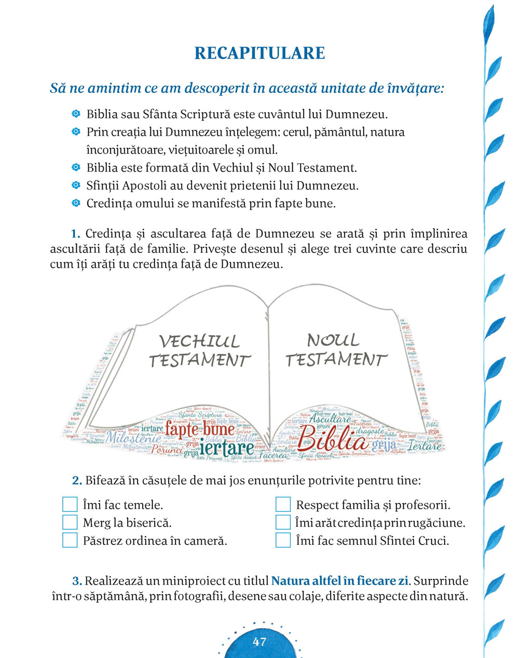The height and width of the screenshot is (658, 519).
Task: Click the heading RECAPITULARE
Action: pyautogui.click(x=259, y=53)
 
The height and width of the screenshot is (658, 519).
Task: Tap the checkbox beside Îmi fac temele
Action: pyautogui.click(x=70, y=504)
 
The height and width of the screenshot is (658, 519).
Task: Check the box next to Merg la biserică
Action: pyautogui.click(x=70, y=522)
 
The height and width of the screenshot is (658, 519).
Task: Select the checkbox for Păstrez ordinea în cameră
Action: pyautogui.click(x=70, y=540)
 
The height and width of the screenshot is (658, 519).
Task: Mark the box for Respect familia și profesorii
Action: pyautogui.click(x=283, y=504)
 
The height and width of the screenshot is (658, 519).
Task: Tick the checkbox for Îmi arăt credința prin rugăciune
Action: pyautogui.click(x=283, y=522)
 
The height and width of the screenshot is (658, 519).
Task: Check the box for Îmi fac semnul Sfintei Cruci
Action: pyautogui.click(x=283, y=540)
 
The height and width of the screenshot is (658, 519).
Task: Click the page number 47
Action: pyautogui.click(x=259, y=641)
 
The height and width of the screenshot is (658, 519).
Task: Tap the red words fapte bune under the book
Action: pyautogui.click(x=199, y=430)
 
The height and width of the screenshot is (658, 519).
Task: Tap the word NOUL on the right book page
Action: pyautogui.click(x=333, y=340)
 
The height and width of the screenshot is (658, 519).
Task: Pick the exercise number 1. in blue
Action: pyautogui.click(x=76, y=233)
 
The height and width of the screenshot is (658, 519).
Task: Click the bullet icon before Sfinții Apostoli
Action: pyautogui.click(x=76, y=185)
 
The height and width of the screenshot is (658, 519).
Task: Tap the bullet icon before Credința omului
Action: pyautogui.click(x=76, y=203)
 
